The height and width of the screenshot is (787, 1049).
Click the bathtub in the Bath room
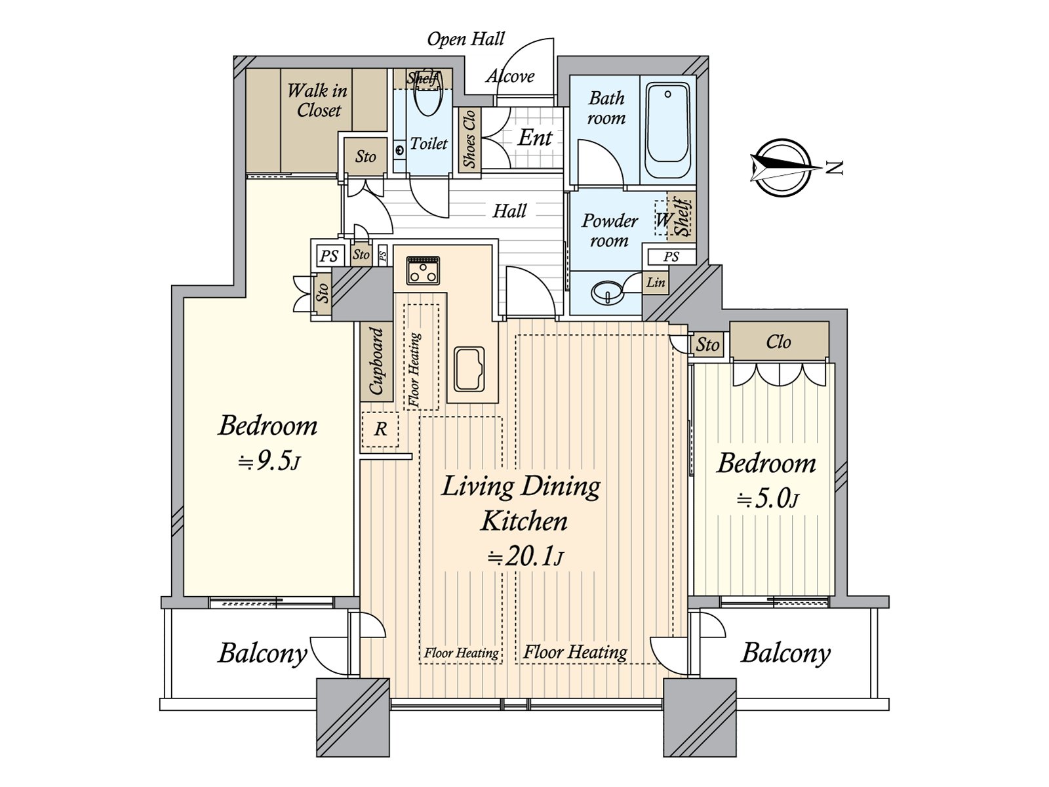click(x=667, y=130)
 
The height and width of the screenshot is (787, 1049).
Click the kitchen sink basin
click(x=469, y=369)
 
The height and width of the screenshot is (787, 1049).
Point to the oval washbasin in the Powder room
click(x=607, y=291)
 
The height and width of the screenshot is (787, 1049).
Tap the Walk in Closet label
click(x=318, y=100)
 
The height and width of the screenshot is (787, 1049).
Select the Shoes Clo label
click(x=469, y=139)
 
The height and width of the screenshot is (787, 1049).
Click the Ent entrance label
click(x=535, y=138)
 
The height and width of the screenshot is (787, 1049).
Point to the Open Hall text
click(x=465, y=39)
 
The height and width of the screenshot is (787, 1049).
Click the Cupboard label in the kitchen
click(x=376, y=361)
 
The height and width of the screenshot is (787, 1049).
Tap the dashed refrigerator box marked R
click(x=380, y=430)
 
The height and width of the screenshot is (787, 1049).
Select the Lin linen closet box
click(x=655, y=283)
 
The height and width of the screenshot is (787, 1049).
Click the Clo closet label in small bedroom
click(x=778, y=342)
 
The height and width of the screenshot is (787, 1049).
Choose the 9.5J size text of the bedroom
click(x=269, y=462)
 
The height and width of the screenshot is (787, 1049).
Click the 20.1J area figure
click(x=525, y=557)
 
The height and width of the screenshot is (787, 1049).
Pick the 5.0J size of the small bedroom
click(x=767, y=499)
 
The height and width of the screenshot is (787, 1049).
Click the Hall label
click(x=509, y=211)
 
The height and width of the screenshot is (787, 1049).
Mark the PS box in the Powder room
click(x=671, y=257)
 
